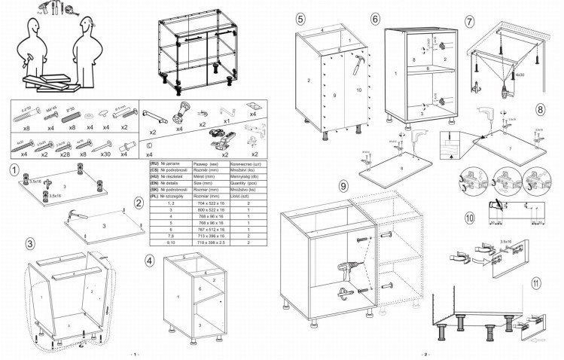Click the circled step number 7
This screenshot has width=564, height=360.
click(x=470, y=21)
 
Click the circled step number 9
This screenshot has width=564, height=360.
click(x=343, y=185)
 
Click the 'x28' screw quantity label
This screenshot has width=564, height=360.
click(x=65, y=154)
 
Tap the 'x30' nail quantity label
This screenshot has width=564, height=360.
click(x=106, y=154)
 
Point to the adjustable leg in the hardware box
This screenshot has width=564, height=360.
click(x=181, y=117)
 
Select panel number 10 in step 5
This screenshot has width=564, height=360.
click(x=359, y=90)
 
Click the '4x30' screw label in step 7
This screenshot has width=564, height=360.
click(x=520, y=75)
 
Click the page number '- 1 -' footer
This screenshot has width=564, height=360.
click(x=133, y=354)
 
